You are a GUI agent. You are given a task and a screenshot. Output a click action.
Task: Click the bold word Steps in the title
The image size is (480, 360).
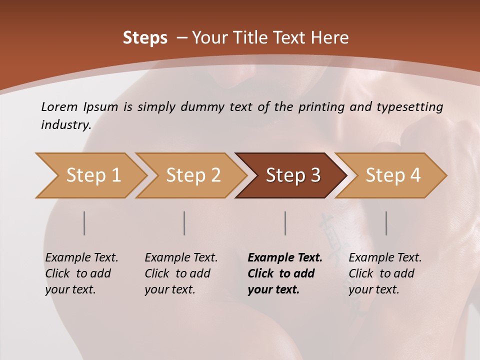(x=145, y=38)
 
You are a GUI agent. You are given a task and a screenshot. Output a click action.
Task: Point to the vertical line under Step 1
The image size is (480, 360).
(x=84, y=223)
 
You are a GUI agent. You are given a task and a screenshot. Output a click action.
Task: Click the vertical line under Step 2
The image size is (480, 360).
(x=184, y=223)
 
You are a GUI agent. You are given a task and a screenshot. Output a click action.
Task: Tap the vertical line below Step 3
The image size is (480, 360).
(x=285, y=223)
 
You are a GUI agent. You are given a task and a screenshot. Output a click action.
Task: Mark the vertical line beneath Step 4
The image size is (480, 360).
(x=386, y=223)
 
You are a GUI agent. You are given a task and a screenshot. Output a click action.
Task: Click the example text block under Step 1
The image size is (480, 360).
(x=81, y=273)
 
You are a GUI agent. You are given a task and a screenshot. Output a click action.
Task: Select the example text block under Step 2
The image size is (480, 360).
(x=181, y=273)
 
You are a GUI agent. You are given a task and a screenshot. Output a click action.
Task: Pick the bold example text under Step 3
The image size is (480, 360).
(x=285, y=273)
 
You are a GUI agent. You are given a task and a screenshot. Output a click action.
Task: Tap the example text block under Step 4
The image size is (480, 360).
(x=385, y=273)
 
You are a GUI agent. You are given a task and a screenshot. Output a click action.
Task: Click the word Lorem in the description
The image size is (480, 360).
(x=59, y=107)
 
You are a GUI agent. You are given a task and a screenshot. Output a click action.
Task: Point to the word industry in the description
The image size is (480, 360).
(x=66, y=125)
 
